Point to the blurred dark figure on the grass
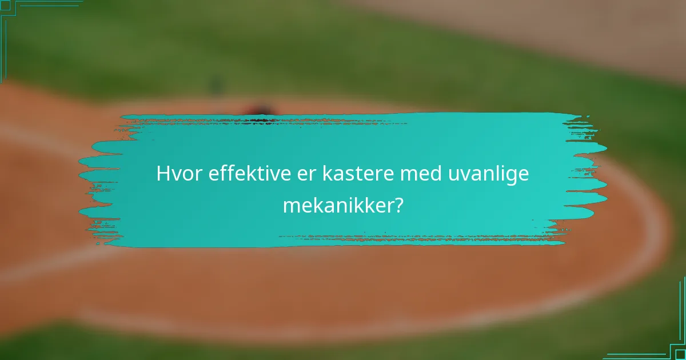pyautogui.click(x=216, y=85)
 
